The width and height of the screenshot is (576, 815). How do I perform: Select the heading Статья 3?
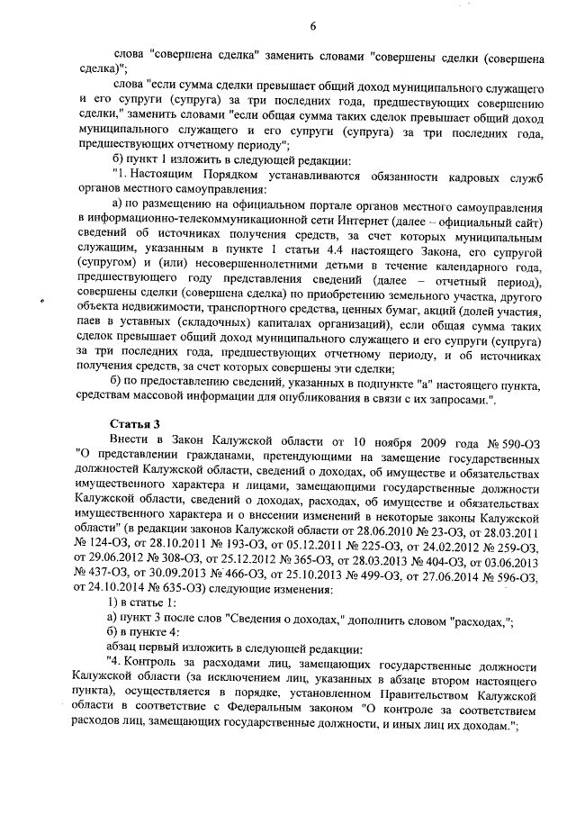134,421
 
